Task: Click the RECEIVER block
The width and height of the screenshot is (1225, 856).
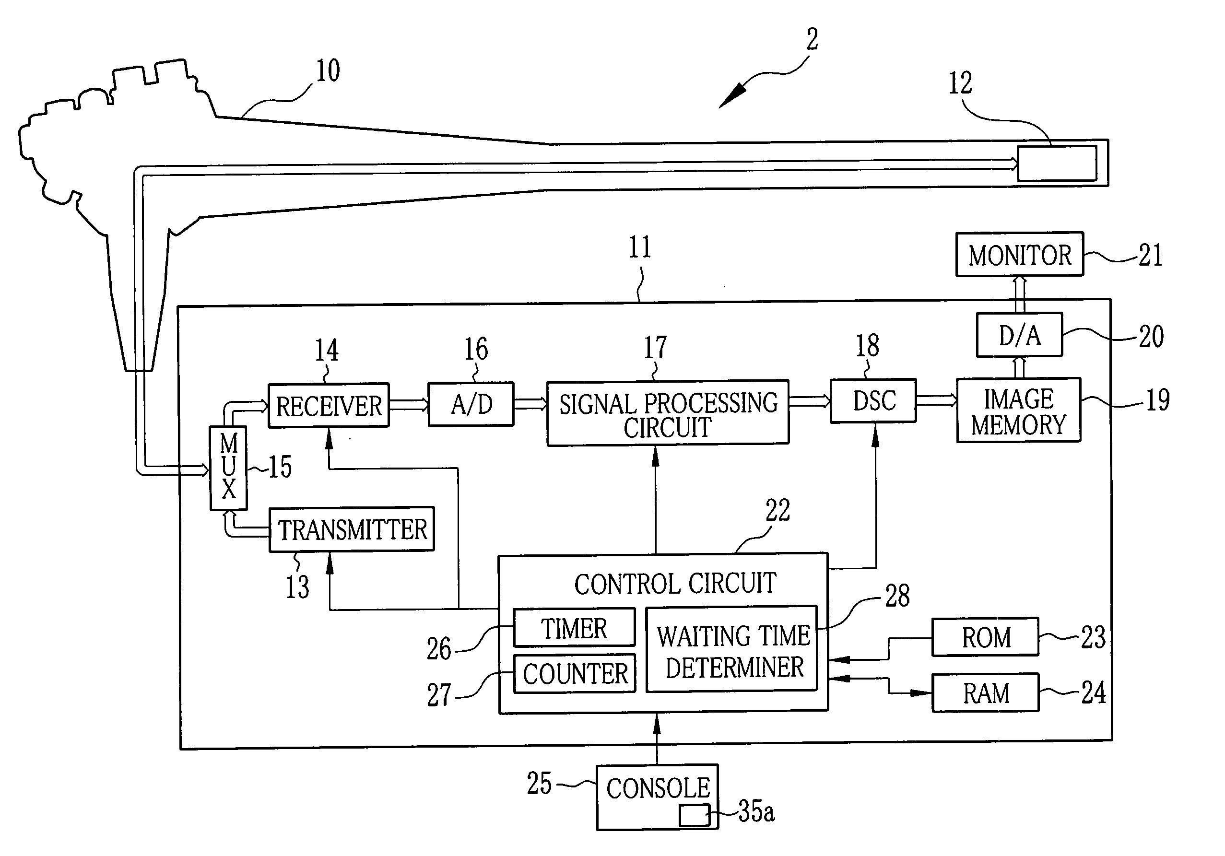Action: (328, 405)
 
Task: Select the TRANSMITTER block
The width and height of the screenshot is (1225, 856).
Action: (352, 529)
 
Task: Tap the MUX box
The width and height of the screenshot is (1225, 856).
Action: (228, 468)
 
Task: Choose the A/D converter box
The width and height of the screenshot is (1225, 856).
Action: (471, 404)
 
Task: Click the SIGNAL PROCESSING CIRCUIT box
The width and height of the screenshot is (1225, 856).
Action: (668, 412)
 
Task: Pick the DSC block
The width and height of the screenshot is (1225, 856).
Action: (873, 400)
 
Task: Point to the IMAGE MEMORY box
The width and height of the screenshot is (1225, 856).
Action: (1019, 410)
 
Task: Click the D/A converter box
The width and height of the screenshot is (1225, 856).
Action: (1020, 334)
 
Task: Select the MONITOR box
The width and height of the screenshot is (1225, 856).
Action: (1020, 254)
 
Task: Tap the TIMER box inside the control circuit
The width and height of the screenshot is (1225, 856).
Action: (574, 627)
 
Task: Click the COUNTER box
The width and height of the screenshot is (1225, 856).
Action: (575, 673)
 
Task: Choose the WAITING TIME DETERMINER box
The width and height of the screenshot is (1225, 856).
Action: (731, 649)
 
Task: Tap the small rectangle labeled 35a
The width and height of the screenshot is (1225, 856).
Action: (694, 815)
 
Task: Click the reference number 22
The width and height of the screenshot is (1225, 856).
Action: (777, 510)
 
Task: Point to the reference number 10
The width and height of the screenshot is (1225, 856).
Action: (328, 71)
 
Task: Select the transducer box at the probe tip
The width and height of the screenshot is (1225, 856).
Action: (1057, 163)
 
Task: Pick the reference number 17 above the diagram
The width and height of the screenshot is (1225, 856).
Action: (655, 347)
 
